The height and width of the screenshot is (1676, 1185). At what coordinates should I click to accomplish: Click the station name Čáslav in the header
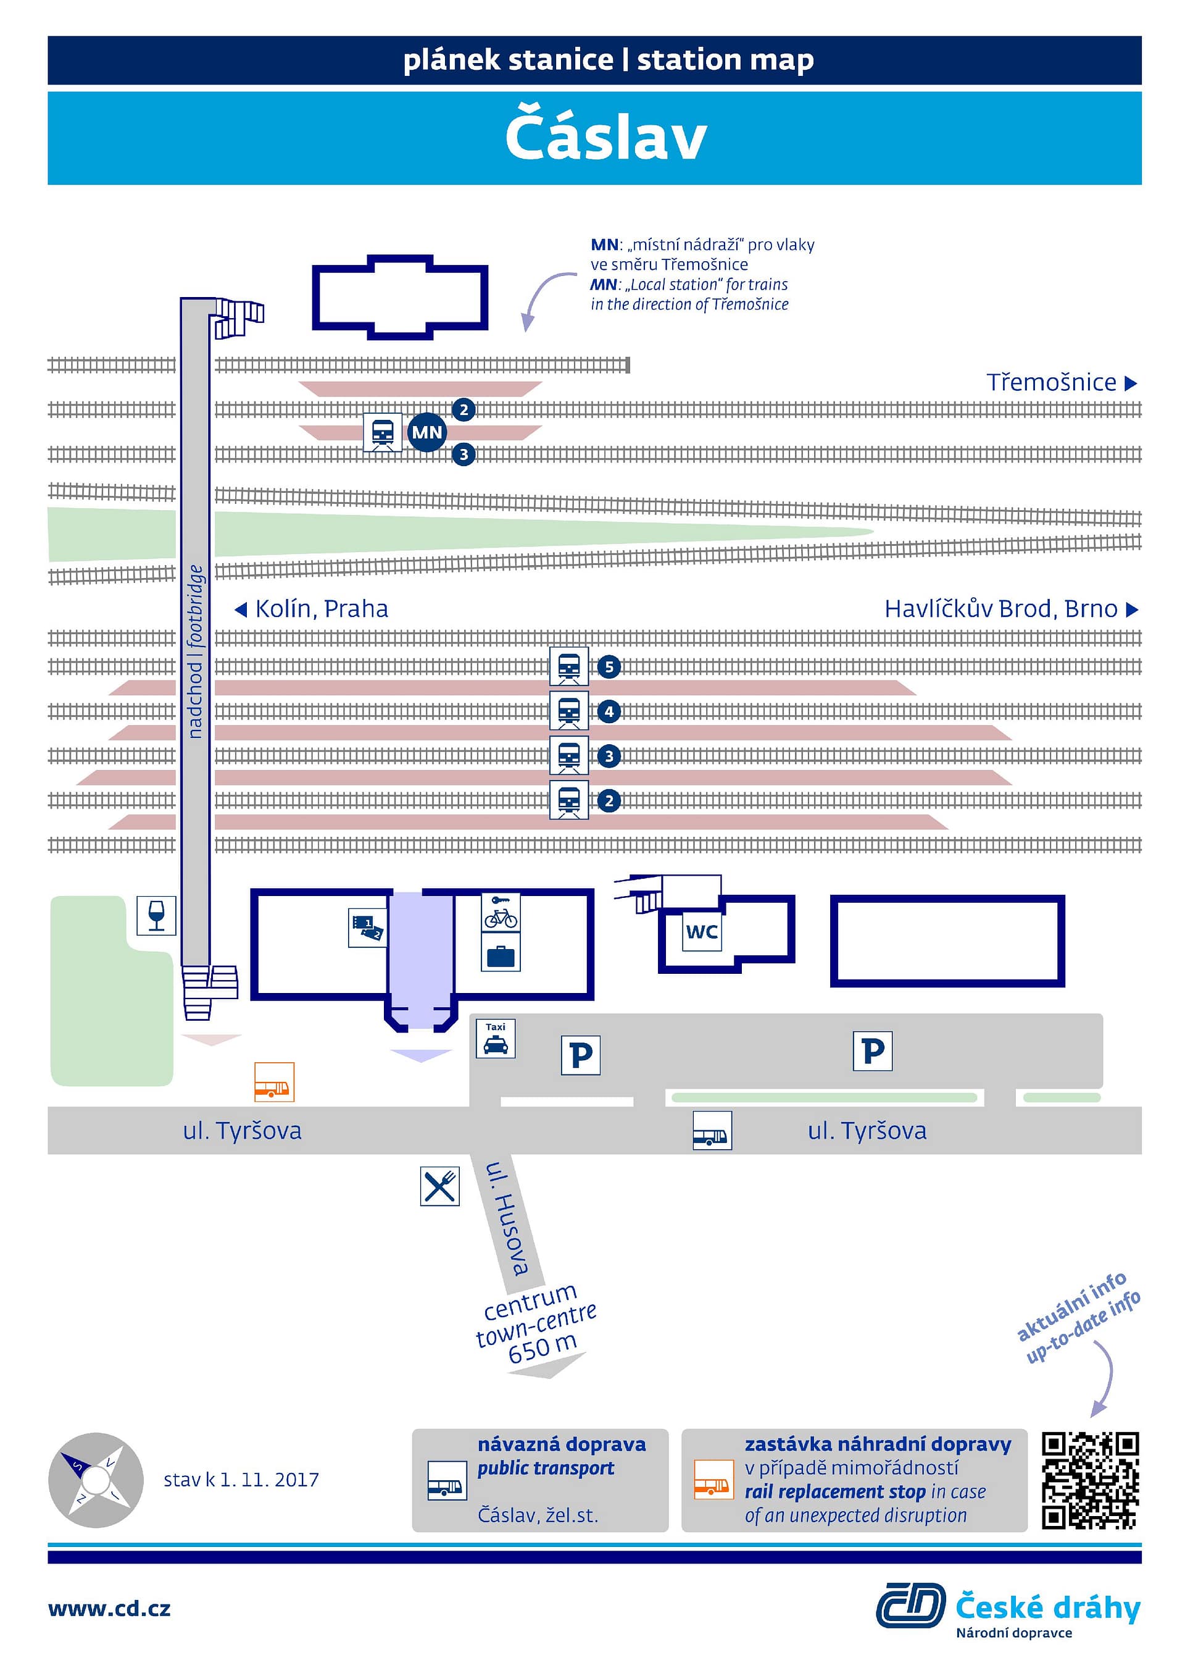[605, 133]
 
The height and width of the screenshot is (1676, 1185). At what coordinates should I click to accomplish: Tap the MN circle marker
[427, 432]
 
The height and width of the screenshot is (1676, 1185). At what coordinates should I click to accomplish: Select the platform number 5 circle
[609, 666]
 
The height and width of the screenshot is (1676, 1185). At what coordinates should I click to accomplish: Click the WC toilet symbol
[702, 931]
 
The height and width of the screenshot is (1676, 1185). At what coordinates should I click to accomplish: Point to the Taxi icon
[496, 1038]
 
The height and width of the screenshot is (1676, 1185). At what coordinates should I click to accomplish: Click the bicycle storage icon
[501, 911]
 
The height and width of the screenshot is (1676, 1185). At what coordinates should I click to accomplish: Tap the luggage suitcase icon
[501, 952]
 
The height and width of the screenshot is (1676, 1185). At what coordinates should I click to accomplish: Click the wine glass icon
[156, 915]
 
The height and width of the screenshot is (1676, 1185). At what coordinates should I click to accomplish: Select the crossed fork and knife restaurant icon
[440, 1186]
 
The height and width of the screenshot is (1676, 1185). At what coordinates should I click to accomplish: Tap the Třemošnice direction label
[1062, 382]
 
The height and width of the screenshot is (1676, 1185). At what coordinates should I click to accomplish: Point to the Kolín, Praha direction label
[312, 609]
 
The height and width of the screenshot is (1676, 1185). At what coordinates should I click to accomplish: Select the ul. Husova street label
[508, 1218]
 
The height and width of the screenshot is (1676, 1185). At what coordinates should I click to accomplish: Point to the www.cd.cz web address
[109, 1609]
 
